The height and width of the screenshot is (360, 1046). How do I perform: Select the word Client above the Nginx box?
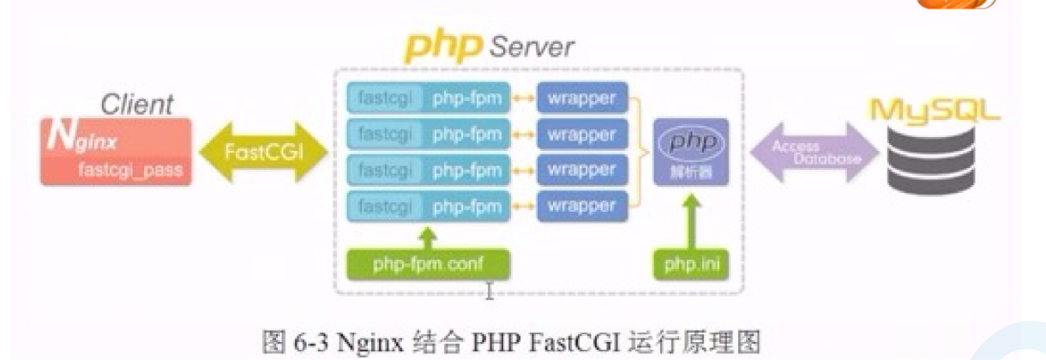point(136,105)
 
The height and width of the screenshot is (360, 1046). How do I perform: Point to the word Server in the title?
point(532,45)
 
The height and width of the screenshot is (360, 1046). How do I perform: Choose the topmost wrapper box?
point(581,98)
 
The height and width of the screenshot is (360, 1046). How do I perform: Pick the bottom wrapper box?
point(581,206)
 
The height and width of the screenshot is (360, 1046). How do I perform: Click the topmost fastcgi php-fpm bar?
point(428,98)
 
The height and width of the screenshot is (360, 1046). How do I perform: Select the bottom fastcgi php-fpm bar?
point(428,206)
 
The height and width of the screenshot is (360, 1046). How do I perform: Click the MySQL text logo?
point(935,111)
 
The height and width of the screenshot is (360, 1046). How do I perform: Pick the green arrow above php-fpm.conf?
point(428,235)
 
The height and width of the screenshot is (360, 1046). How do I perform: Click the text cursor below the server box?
point(490,292)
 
